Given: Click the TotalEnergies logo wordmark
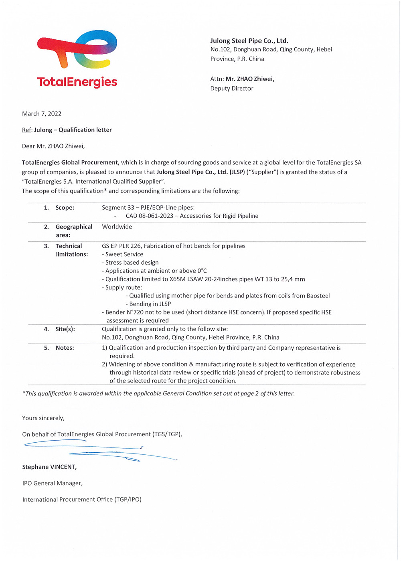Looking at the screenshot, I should (77, 82).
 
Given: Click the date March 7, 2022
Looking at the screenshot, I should (42, 114).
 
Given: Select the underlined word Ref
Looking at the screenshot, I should (26, 130).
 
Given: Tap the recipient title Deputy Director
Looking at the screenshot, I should (232, 89).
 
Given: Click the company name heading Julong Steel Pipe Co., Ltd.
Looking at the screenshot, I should (249, 41).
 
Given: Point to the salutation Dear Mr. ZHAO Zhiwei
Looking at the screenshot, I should (53, 146).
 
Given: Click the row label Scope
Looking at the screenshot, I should (65, 208).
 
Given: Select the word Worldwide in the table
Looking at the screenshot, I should (117, 227).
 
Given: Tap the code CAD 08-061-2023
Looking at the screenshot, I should (150, 216).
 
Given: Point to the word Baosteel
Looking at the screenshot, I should (318, 296).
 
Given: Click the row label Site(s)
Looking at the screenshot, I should (65, 329).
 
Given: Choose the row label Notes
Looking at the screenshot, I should (65, 348).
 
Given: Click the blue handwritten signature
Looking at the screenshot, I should (100, 450).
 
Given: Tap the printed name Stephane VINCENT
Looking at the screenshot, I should (49, 467).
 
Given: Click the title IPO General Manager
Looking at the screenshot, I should (53, 484).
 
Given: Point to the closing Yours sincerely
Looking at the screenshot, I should (43, 418).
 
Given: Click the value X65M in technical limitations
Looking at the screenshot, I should (178, 279).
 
